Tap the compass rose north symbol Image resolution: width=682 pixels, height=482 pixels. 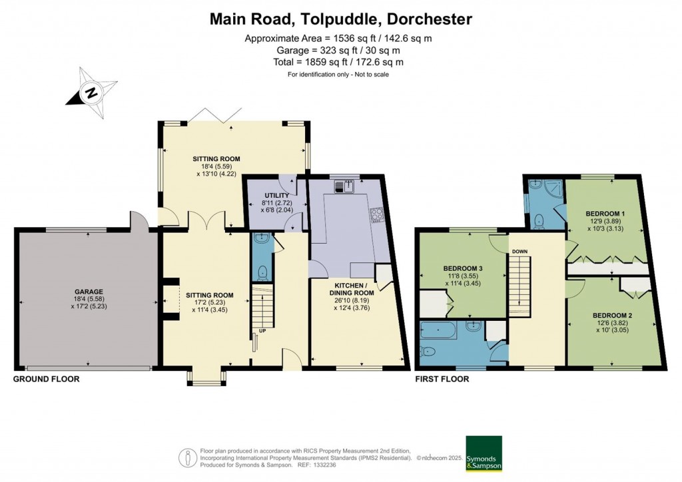pos(91,93)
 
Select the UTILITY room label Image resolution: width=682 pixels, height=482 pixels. pos(276,196)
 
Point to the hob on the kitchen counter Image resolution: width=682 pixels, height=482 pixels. pos(376,216)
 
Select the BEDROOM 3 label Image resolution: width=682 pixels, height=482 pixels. pos(463,268)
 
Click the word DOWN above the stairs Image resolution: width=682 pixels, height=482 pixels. pos(519,252)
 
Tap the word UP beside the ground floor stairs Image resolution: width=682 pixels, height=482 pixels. pos(262,331)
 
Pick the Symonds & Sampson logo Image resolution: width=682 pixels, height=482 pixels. pos(484,453)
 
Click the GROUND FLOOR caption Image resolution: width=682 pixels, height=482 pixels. pos(46,379)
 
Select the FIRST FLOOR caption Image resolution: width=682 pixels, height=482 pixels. pos(442,379)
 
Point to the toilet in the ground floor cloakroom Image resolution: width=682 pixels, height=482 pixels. pos(262,272)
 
